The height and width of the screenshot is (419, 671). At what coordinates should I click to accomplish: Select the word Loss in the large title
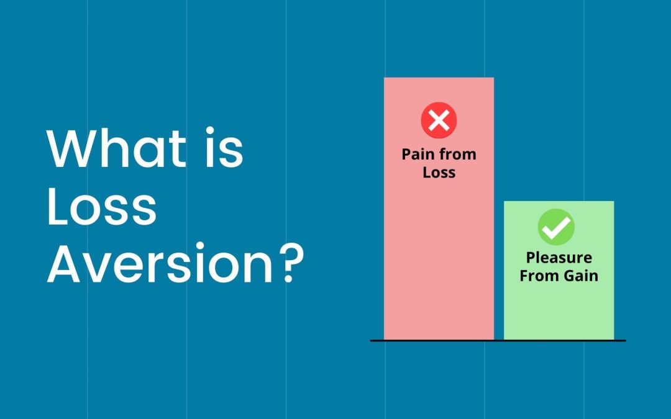click(102, 207)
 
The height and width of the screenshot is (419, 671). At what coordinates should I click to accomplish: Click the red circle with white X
click(439, 120)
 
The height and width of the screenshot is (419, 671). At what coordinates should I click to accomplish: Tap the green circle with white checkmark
click(556, 227)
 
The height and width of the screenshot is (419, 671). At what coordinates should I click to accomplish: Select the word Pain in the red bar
click(418, 155)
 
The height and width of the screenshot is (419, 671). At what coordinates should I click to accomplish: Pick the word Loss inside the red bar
click(439, 173)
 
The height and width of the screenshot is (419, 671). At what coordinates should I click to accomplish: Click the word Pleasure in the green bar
click(559, 258)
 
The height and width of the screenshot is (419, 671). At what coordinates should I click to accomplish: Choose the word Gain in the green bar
click(581, 276)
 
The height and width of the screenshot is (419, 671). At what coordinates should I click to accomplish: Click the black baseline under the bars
click(498, 341)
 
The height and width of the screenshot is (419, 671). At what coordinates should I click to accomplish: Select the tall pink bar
click(439, 209)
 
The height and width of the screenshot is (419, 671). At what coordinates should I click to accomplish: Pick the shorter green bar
click(559, 270)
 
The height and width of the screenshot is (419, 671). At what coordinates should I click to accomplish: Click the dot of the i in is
click(210, 130)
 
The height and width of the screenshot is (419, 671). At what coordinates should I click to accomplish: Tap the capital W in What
click(73, 148)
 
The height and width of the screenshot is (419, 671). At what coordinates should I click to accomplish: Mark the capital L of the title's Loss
click(57, 207)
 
